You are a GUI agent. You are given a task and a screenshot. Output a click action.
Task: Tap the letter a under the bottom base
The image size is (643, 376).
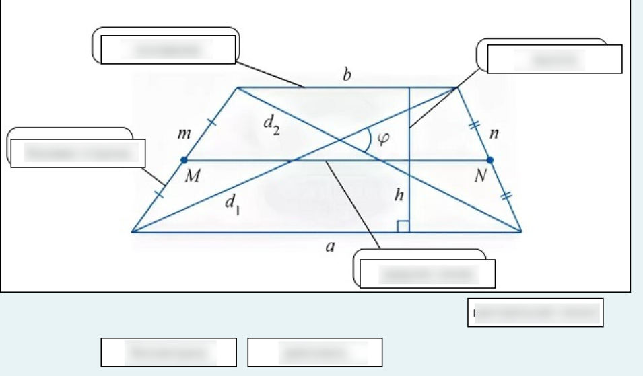click(x=330, y=248)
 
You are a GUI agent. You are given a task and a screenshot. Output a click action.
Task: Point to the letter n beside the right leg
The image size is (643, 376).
click(x=494, y=134)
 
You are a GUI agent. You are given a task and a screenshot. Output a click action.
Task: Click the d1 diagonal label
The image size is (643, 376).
click(x=232, y=204)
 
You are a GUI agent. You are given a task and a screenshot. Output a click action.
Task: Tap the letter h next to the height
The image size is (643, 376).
click(x=399, y=195)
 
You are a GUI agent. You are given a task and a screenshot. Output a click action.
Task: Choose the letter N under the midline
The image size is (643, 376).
click(x=480, y=177)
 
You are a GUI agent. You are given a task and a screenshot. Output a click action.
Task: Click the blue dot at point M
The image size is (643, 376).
click(x=184, y=160)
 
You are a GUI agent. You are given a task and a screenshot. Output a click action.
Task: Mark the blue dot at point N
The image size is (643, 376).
click(x=490, y=160)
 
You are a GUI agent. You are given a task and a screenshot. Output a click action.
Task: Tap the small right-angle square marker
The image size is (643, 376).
click(x=403, y=225)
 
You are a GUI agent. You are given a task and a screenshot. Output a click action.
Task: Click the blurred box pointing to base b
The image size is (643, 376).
click(x=168, y=49)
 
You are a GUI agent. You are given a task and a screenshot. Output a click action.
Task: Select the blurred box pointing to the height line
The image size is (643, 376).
click(x=554, y=59)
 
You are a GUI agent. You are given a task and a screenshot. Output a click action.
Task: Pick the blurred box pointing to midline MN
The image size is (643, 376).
click(x=428, y=274)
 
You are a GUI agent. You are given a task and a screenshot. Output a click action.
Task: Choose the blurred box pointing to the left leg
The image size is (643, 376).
click(x=78, y=153)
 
